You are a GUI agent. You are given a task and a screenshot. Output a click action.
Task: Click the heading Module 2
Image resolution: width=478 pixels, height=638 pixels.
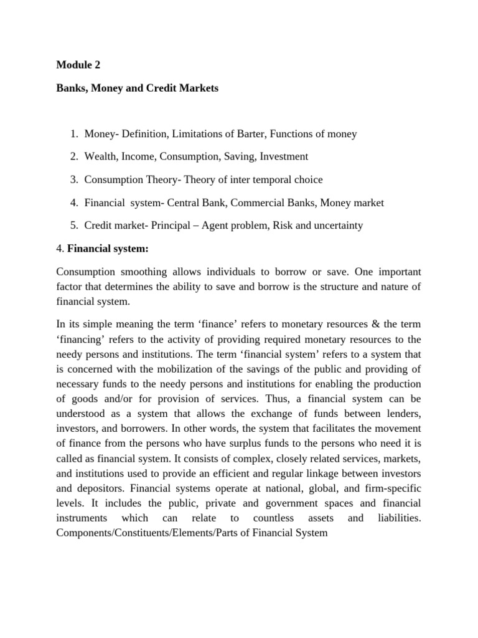pos(78,64)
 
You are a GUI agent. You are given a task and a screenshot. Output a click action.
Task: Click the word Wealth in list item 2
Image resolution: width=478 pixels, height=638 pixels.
pos(101,157)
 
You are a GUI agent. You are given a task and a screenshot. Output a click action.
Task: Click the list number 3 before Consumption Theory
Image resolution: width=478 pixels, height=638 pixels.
pos(73,180)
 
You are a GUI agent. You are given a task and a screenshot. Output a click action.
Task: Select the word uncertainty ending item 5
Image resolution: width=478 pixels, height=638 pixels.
pos(334,226)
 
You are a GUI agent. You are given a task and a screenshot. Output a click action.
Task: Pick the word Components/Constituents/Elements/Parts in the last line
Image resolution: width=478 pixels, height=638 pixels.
pos(140,534)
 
